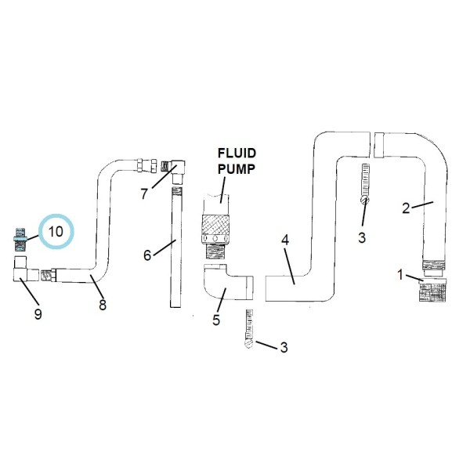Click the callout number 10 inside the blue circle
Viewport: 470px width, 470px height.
[56, 232]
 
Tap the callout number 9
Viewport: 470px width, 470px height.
[37, 314]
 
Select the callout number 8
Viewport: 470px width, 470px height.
[102, 305]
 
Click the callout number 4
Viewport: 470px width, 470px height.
[285, 240]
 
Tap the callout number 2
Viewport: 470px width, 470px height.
[406, 208]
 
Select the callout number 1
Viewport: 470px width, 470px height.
[400, 275]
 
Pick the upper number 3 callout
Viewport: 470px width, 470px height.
[361, 237]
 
